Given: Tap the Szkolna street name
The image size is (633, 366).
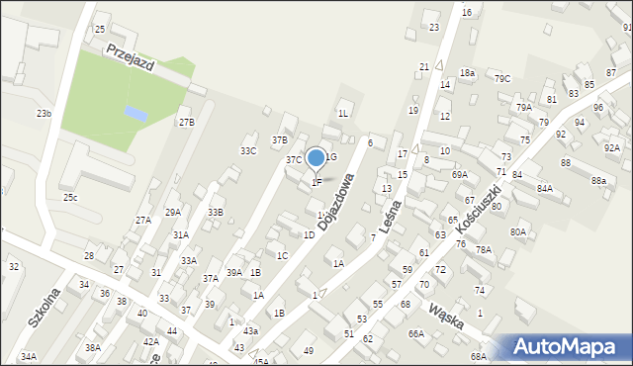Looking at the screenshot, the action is (45, 307).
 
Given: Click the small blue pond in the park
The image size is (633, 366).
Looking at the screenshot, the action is (136, 114).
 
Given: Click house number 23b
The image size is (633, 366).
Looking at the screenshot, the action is (44, 114).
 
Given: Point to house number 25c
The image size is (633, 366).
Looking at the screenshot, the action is (70, 197).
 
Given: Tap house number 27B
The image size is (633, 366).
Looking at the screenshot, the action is (186, 122).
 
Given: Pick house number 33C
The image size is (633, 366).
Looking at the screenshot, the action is (248, 150).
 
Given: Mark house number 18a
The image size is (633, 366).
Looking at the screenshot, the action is (467, 73).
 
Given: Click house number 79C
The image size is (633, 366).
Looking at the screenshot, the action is (502, 78).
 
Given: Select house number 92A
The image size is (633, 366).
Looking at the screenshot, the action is (611, 147).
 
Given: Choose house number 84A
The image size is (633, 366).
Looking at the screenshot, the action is (544, 188).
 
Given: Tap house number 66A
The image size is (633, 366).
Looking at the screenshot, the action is (415, 333).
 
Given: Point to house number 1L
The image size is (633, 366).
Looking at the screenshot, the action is (342, 114).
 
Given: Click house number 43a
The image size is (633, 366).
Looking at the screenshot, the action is (250, 330).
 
